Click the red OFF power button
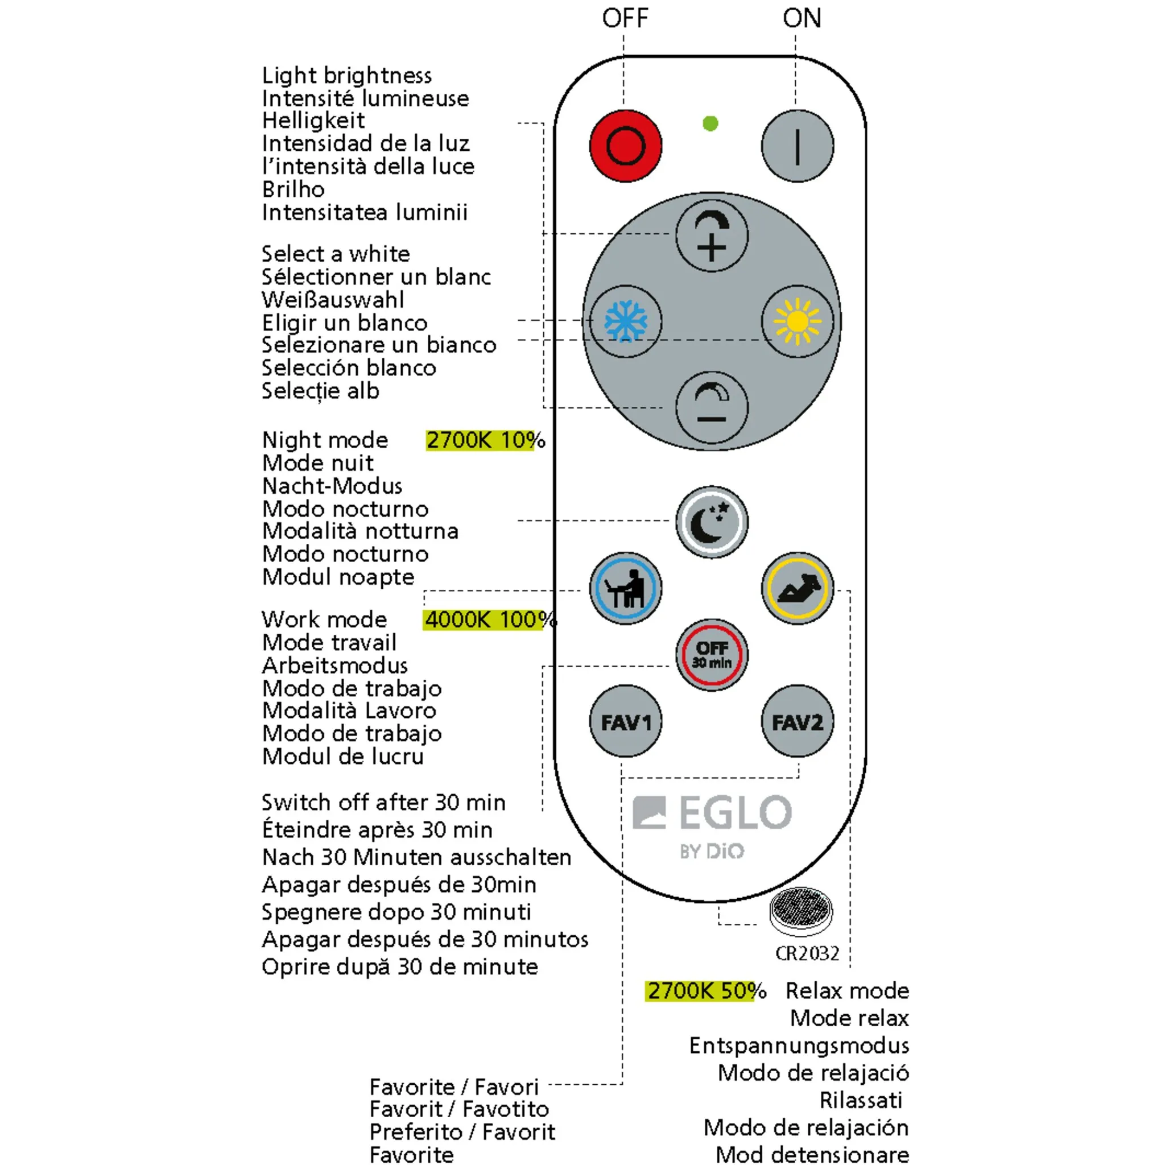pos(625,146)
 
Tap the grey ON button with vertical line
pos(797,146)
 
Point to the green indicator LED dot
pos(710,123)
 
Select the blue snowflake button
pos(625,321)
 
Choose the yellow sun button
pos(797,321)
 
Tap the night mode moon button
pos(712,522)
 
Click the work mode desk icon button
pos(625,588)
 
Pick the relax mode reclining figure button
pos(797,588)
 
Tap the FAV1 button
pos(625,721)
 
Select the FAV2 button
pos(797,721)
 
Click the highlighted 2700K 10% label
pos(485,440)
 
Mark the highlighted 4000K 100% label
pos(489,619)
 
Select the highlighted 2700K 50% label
pos(705,991)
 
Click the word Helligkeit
pos(313,121)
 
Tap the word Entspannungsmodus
pos(799,1046)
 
